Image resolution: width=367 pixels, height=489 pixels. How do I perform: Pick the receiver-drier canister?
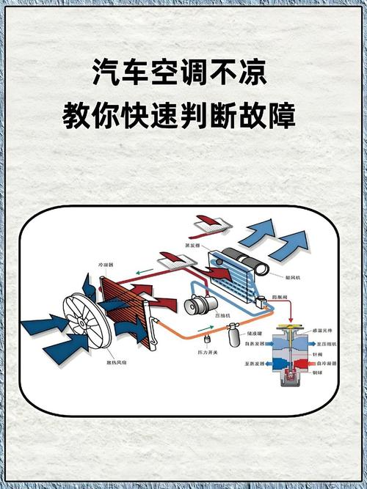click(x=234, y=335)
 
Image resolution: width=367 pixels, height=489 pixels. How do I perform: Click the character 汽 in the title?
click(x=106, y=73)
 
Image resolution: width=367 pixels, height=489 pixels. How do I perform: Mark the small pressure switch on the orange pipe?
click(x=206, y=338)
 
